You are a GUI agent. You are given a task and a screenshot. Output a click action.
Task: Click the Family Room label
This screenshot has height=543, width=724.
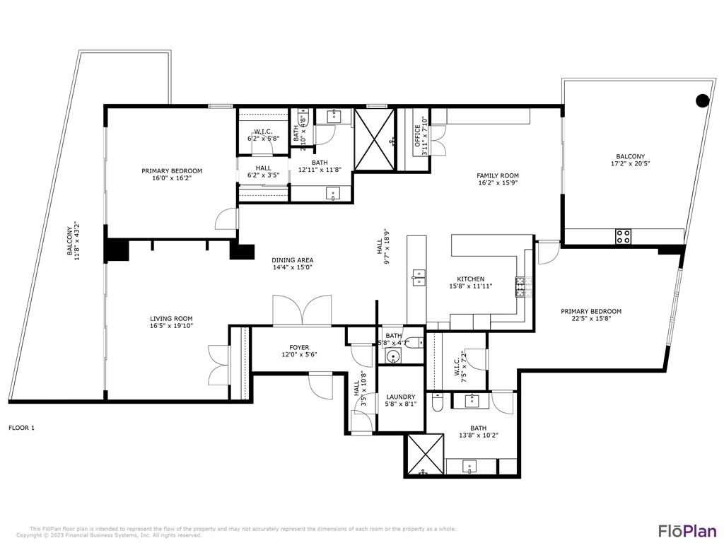point(498,176)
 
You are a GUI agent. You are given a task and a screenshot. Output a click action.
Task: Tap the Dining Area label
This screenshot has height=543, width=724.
point(292,260)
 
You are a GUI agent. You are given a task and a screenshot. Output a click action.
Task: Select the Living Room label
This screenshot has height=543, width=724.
point(171,319)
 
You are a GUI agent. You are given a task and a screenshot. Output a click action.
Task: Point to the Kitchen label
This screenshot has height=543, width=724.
point(470,279)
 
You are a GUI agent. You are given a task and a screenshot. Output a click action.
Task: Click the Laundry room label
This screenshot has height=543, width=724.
point(400,397)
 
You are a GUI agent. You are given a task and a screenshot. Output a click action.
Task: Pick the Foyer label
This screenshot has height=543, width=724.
point(299,347)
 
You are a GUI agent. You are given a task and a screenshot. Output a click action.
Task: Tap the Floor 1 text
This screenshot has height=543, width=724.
point(21,428)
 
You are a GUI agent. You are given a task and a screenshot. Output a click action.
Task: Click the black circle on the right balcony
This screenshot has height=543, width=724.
point(702,100)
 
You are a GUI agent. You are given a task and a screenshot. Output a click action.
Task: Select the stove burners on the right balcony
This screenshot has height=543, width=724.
point(623,236)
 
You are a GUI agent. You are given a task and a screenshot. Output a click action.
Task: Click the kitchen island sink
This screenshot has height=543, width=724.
point(419,276)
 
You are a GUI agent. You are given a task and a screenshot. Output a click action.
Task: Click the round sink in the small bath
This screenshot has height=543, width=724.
point(393,356)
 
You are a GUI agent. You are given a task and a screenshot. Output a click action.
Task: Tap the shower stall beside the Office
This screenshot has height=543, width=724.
point(374,139)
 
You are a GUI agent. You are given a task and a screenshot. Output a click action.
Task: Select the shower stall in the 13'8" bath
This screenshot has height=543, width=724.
point(425,455)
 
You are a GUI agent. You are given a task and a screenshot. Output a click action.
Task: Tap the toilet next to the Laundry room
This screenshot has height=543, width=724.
point(438,404)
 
